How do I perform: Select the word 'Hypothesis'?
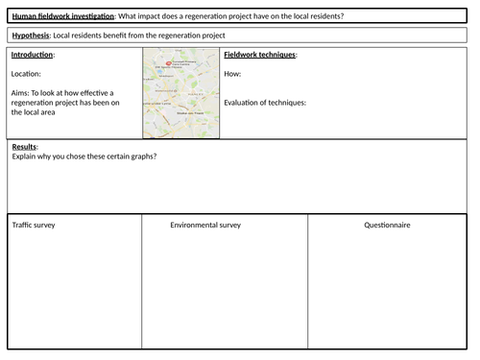coord(30,36)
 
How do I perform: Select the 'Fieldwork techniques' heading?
coord(259,55)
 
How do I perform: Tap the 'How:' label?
coord(232,73)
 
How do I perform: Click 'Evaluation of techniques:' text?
coord(264,103)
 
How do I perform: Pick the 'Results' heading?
coord(24,146)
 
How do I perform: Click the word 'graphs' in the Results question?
coord(139,156)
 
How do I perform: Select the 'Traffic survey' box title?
coord(35,225)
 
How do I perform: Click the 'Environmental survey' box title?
coord(205,225)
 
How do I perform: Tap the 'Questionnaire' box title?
coord(387,225)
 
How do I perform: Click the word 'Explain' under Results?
coord(26,156)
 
